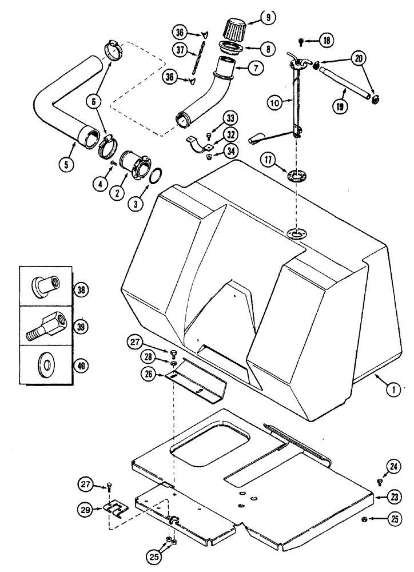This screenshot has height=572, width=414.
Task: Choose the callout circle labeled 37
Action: (x=182, y=51)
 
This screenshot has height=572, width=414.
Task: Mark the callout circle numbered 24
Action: (x=393, y=467)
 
